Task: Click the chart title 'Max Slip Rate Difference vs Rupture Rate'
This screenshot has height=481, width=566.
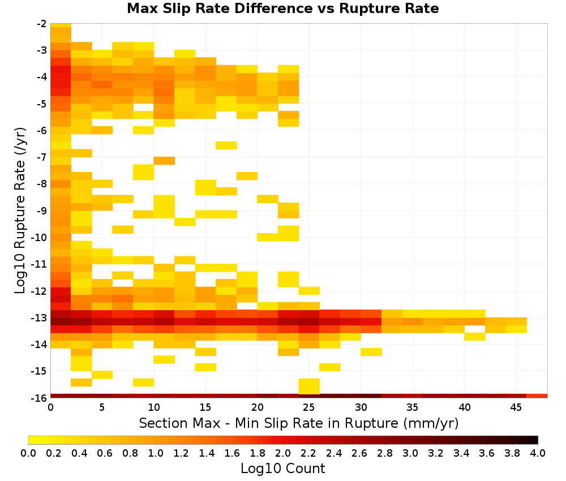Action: [282, 8]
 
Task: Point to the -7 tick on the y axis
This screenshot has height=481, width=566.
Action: [42, 157]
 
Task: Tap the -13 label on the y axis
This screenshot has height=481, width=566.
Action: [40, 318]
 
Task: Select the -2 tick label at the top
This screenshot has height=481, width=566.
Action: [42, 24]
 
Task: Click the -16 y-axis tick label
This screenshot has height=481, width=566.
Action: [40, 398]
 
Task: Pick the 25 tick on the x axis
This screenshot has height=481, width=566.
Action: [308, 407]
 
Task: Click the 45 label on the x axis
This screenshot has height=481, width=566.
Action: [516, 407]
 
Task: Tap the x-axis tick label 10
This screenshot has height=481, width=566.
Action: [154, 407]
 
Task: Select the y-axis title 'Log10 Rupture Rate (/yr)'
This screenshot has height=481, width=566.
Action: [20, 211]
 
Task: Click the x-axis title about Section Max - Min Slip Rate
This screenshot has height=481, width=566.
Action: [299, 423]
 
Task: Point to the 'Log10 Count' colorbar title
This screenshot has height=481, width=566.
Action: [282, 469]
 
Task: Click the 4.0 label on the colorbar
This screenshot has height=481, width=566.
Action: [538, 453]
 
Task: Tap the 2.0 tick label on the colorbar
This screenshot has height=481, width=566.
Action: [282, 453]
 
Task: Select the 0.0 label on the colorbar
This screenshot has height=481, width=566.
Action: [28, 453]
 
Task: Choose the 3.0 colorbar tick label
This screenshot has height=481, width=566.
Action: [410, 453]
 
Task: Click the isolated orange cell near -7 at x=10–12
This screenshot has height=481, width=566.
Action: [164, 161]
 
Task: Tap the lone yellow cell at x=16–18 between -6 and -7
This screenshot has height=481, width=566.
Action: [226, 145]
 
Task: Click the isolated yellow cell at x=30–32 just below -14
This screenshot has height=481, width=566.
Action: [371, 352]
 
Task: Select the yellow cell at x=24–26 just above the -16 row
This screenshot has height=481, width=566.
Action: [309, 386]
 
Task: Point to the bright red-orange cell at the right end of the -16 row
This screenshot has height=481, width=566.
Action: [537, 396]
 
